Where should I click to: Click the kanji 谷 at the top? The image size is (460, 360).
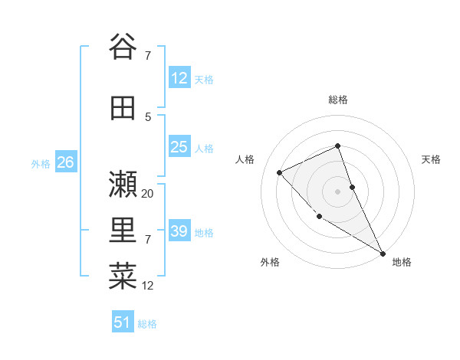point(123,47)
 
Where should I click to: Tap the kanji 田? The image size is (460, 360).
point(123,108)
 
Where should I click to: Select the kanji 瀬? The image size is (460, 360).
point(123,184)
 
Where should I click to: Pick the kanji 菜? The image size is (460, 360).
point(123,274)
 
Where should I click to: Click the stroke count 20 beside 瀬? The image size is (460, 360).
point(148,194)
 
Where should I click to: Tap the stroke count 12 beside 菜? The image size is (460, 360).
point(148,286)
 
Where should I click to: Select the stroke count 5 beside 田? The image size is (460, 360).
point(148,116)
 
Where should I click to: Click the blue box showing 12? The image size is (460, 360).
point(179,78)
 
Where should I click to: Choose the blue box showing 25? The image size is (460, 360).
point(179,147)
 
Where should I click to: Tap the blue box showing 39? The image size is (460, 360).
point(179,231)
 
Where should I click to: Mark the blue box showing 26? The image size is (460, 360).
point(65,162)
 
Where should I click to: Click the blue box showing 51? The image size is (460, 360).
point(123,322)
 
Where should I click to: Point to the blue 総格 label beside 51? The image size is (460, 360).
point(148,324)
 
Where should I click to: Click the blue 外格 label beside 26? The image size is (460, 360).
point(41,164)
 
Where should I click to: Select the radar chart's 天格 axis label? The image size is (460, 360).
point(431,159)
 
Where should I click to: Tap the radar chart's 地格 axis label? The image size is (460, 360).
point(402,262)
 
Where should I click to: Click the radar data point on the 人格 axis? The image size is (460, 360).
point(280,172)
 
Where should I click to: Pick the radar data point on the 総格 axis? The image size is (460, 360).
point(337,146)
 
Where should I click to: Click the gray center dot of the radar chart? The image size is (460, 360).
point(337,191)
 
